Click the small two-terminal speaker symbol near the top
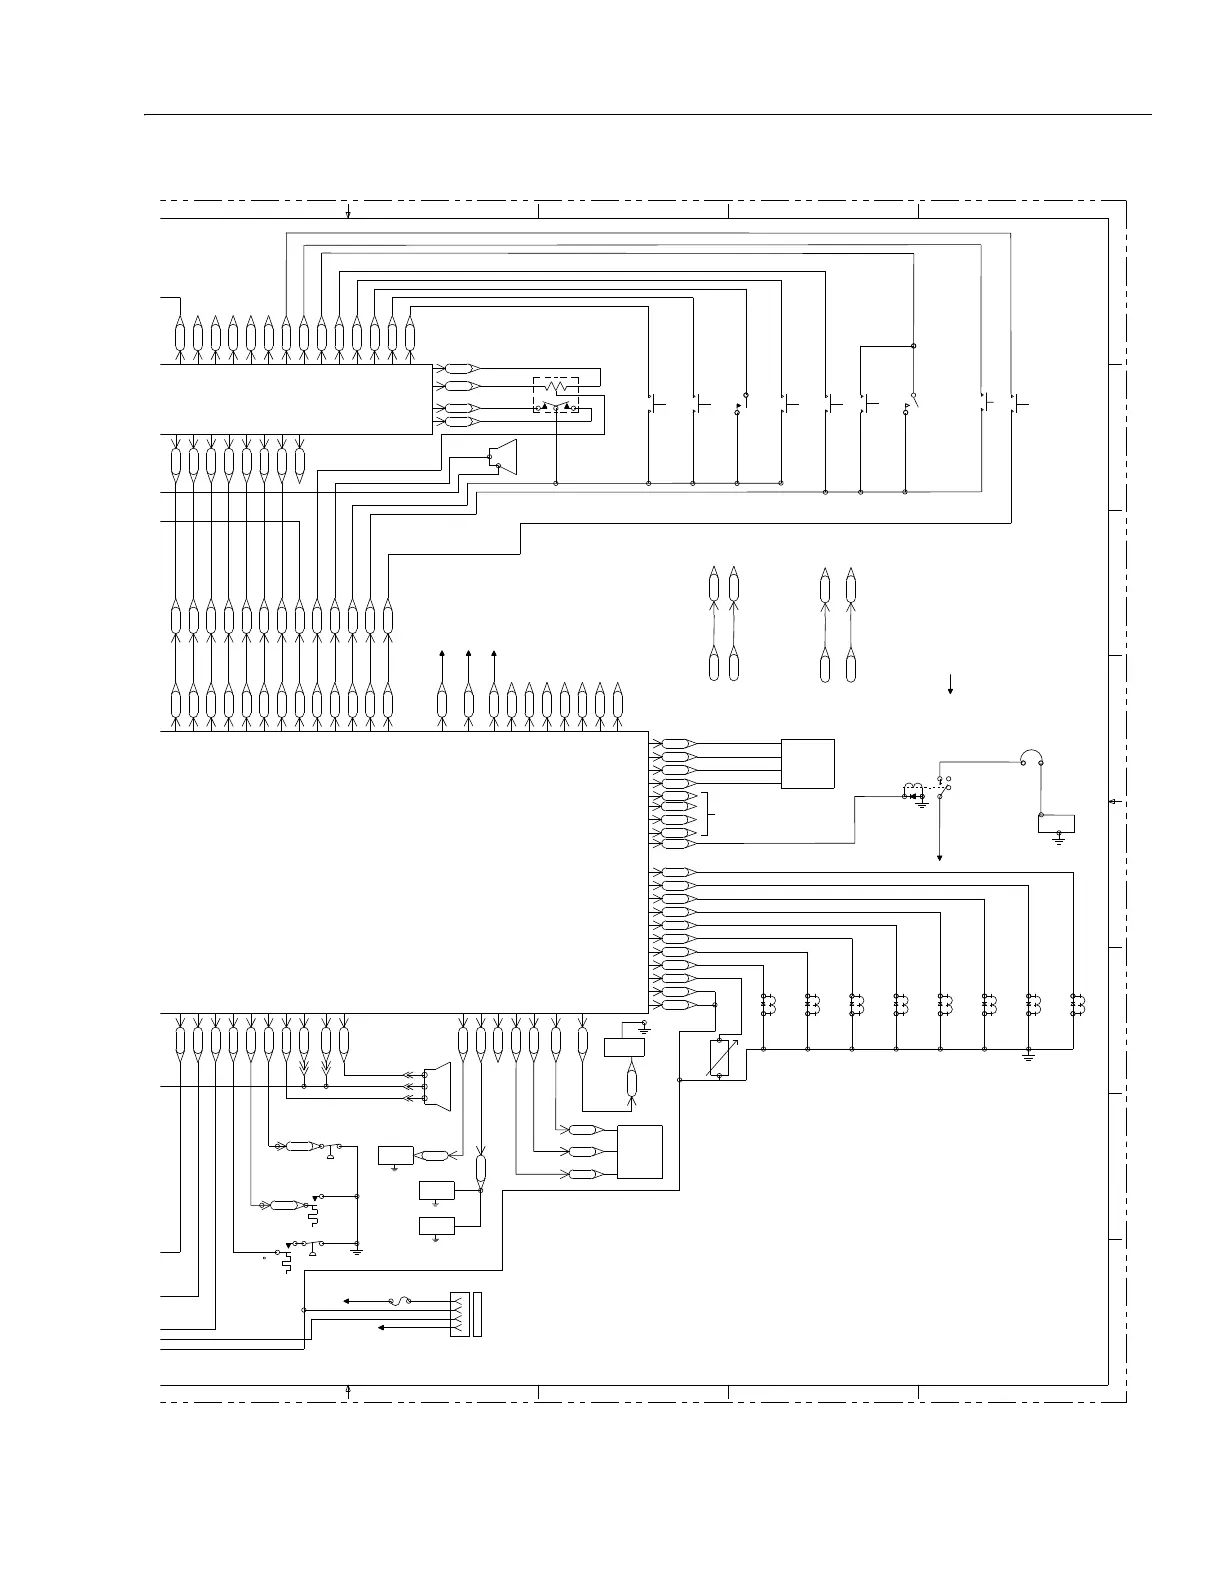(504, 457)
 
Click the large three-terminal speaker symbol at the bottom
(438, 1086)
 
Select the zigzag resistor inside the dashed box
(556, 386)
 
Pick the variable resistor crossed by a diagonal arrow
(719, 1059)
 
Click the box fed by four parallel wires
(808, 764)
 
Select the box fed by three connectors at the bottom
(640, 1152)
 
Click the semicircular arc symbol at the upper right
(1031, 758)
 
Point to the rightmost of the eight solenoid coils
(1077, 1003)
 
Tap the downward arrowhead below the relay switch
(940, 857)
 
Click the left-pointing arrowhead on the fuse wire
(346, 1301)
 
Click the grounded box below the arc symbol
(1057, 824)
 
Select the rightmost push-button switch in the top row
(1018, 404)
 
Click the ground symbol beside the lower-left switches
(357, 1250)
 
